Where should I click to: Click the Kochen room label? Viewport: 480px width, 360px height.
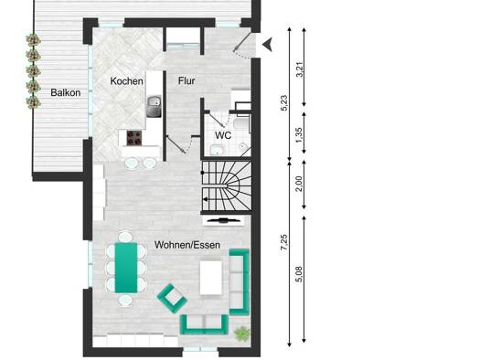[126, 81]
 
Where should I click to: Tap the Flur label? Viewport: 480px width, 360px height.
[187, 80]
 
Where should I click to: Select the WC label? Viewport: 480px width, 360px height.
[223, 135]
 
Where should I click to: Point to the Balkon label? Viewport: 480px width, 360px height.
[66, 92]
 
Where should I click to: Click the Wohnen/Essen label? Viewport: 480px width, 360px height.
[187, 245]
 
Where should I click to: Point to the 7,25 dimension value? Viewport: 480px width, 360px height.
[284, 242]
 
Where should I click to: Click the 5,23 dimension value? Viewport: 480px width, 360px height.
[284, 102]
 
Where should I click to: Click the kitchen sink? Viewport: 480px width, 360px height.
[154, 106]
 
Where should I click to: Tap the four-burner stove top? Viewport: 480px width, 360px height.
[134, 138]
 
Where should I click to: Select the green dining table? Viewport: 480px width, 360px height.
[126, 268]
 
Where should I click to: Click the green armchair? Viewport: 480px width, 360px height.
[172, 299]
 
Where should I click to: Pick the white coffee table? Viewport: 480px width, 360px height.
[211, 278]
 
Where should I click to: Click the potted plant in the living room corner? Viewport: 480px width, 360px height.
[242, 334]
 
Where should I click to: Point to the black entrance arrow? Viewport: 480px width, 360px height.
[267, 45]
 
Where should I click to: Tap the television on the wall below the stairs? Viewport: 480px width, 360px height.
[223, 220]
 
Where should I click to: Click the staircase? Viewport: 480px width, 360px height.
[227, 186]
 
